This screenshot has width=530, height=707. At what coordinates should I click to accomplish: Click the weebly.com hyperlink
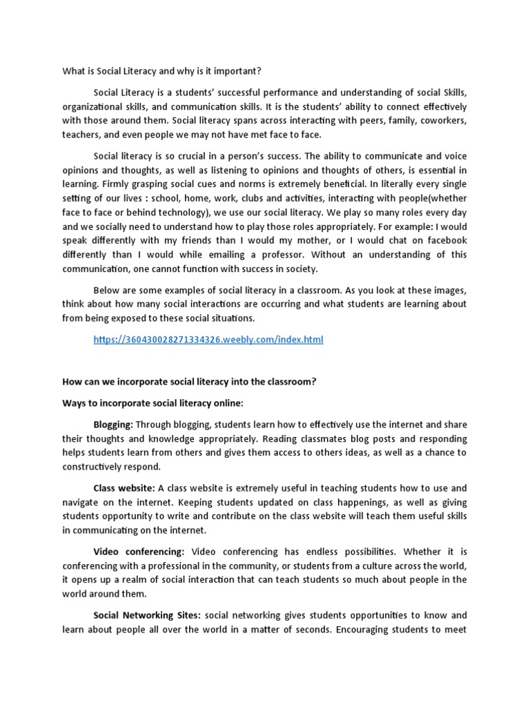[x=208, y=340]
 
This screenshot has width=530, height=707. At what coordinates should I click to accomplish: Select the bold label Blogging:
[x=113, y=425]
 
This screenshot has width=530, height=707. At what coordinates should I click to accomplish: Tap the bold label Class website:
[x=124, y=488]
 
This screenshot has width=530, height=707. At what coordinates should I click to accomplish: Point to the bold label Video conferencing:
[x=139, y=552]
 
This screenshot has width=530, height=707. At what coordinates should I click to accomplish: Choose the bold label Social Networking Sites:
[x=146, y=615]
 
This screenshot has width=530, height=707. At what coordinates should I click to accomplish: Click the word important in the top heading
[x=239, y=71]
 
